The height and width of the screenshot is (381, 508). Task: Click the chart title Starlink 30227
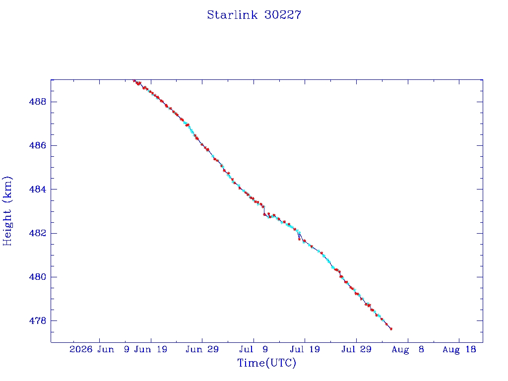click(x=254, y=15)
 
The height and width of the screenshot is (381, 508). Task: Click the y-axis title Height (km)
click(x=7, y=211)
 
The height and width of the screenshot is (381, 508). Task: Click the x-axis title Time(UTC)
click(x=266, y=363)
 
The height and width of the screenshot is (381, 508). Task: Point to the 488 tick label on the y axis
click(x=38, y=102)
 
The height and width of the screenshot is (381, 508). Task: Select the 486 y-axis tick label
click(x=38, y=145)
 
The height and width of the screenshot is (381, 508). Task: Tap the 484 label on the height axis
click(x=38, y=189)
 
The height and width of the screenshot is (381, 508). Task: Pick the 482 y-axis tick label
click(x=38, y=233)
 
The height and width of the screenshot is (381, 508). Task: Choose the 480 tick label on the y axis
click(x=38, y=277)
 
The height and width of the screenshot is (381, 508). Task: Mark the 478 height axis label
click(x=38, y=321)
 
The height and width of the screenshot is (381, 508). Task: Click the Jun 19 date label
click(x=151, y=349)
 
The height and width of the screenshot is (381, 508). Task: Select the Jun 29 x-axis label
click(x=202, y=349)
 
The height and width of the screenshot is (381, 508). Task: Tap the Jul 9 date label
click(x=254, y=349)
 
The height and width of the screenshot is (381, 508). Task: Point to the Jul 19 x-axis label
click(x=305, y=349)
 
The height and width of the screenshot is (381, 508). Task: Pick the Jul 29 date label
click(x=356, y=349)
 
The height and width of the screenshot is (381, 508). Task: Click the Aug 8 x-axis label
click(x=408, y=350)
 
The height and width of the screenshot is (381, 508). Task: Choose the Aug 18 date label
click(x=459, y=350)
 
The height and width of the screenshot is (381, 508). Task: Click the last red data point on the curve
click(x=391, y=329)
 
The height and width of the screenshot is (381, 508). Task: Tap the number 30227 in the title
click(x=283, y=15)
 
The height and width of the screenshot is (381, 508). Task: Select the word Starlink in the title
click(x=232, y=15)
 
